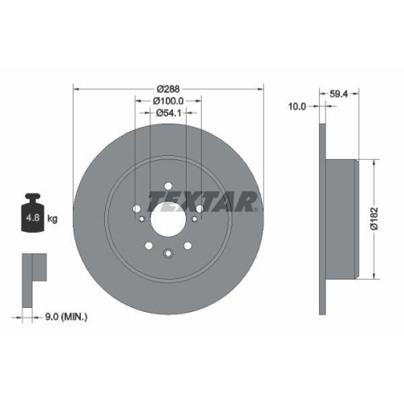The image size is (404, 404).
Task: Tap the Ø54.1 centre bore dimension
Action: (168, 114)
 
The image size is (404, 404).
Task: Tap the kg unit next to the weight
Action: (53, 218)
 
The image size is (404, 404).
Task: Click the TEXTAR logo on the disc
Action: (203, 200)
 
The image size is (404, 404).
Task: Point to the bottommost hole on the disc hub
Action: (168, 252)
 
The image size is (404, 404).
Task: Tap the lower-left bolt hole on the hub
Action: (149, 245)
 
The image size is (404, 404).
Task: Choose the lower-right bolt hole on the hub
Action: (187, 245)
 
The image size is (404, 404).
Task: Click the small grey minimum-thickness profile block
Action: (32, 267)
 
